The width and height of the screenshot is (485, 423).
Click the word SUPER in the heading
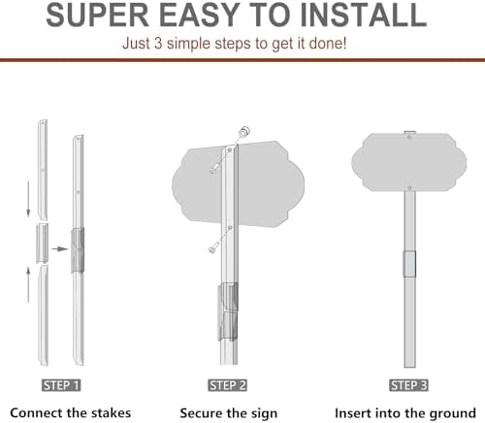tap(97, 16)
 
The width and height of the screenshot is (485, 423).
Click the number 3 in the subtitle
tap(158, 44)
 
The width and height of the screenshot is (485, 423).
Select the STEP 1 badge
tap(61, 385)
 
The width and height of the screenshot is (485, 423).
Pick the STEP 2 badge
tap(227, 385)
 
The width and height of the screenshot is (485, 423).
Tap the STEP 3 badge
tap(408, 385)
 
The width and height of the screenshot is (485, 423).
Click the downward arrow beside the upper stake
tap(28, 199)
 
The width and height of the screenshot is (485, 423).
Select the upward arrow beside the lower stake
tap(28, 284)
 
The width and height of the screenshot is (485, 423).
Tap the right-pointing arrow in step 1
tap(60, 248)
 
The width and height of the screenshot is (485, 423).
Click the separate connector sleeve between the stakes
tap(43, 243)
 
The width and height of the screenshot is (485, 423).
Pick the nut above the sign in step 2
tap(244, 131)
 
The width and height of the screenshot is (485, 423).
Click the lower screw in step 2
tap(212, 249)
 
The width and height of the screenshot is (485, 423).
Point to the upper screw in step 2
tap(213, 170)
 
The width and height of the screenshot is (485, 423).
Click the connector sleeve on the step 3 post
tap(409, 264)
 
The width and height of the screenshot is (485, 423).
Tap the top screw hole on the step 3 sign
tap(409, 138)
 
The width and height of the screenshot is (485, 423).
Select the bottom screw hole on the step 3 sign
tap(409, 188)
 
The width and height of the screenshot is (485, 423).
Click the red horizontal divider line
tap(242, 60)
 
